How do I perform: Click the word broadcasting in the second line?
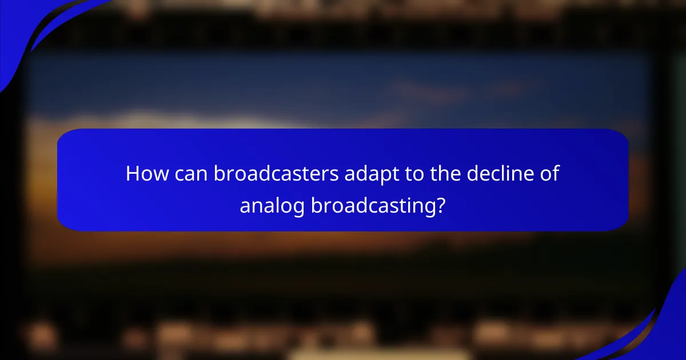point(371,206)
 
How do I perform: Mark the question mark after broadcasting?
point(440,205)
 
